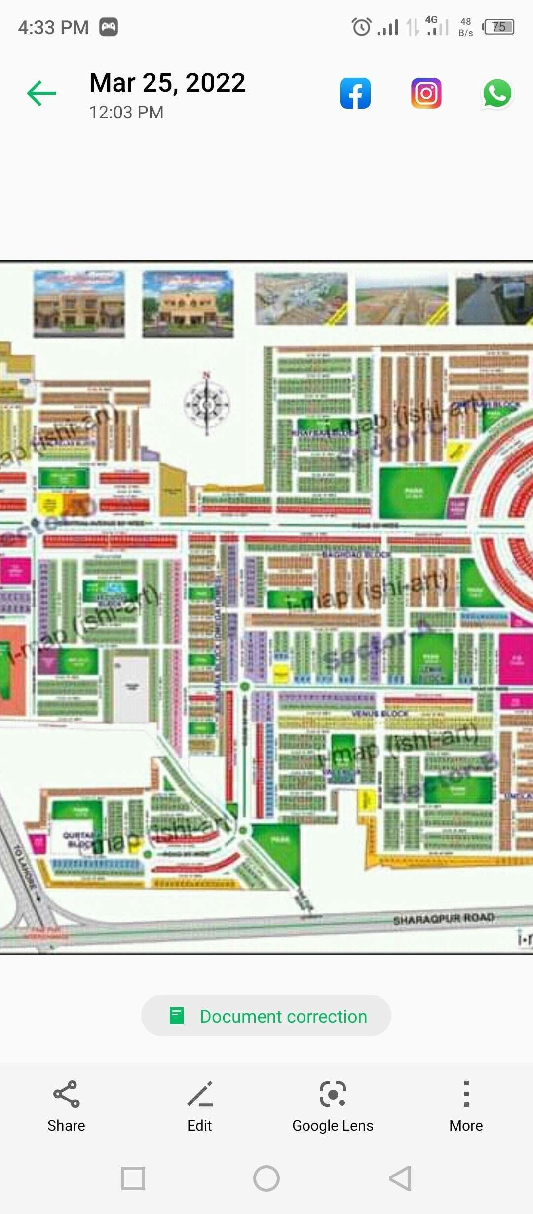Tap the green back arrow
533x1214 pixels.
41,93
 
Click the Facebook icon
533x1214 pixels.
355,93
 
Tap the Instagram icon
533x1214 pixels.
426,93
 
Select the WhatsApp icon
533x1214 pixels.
496,93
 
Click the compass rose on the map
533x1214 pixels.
207,404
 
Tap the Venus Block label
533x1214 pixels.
380,713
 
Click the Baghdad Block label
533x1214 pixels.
356,554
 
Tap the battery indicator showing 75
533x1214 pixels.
499,27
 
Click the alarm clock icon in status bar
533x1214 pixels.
361,27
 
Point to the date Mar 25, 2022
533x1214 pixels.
167,82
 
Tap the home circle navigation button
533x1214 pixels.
266,1178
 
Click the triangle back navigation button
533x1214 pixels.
400,1178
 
